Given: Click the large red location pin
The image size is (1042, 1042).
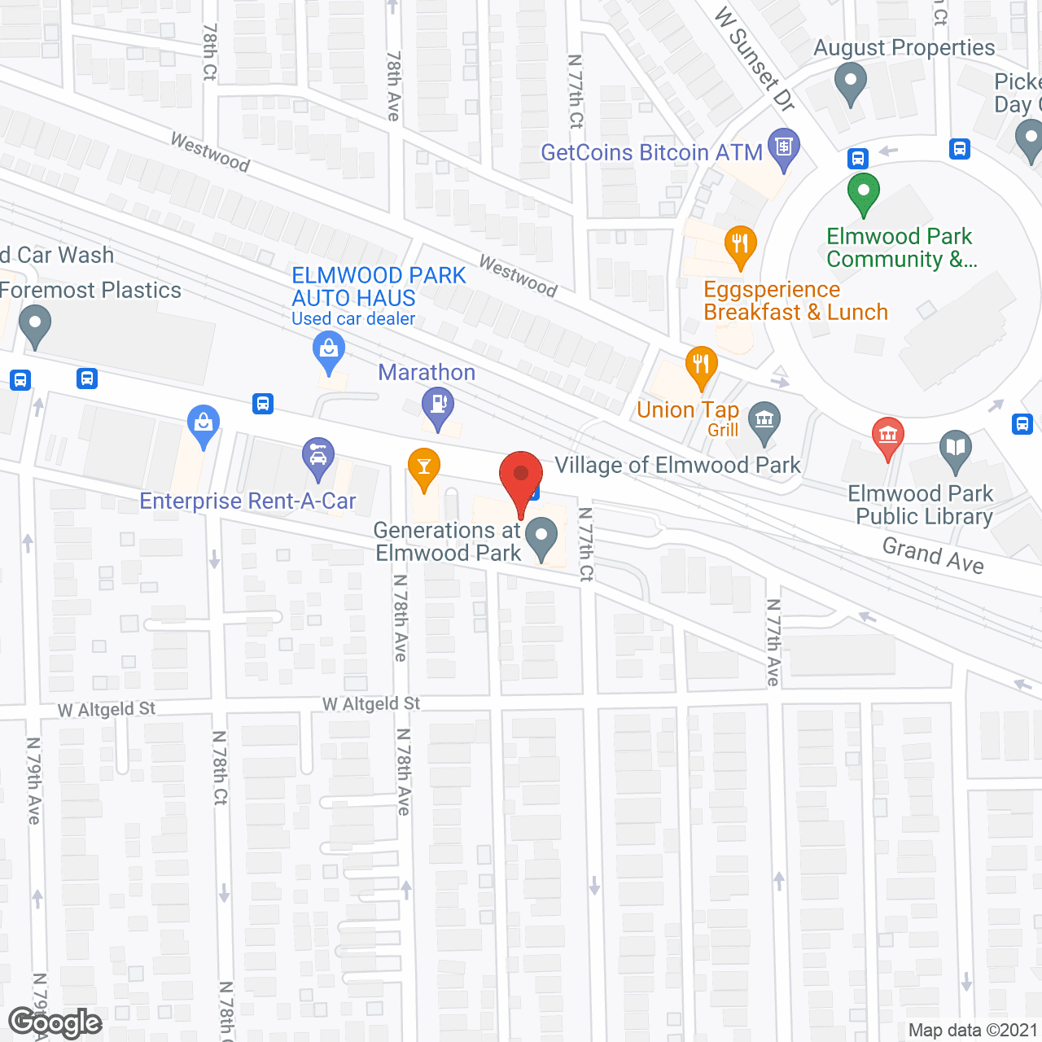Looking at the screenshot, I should click(520, 475).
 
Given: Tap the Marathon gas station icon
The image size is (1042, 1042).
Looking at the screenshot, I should click(438, 404).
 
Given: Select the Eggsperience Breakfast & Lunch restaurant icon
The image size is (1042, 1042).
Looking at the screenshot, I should click(740, 244).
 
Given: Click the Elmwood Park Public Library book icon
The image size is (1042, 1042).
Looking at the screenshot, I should click(956, 449).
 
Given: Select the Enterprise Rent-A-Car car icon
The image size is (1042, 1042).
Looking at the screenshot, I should click(317, 457).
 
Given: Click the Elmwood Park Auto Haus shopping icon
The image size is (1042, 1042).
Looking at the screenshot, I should click(329, 352).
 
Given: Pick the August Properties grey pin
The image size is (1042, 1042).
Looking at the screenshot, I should click(851, 82).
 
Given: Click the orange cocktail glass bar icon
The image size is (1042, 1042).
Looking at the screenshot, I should click(423, 467).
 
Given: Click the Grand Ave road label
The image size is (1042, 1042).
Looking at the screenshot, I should click(933, 555).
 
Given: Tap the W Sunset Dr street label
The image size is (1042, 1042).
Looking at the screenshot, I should click(754, 59).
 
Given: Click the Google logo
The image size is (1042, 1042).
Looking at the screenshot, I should click(55, 1022).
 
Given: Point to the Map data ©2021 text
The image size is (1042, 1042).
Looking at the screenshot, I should click(973, 1030).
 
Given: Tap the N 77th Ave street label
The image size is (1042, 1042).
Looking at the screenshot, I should click(773, 642).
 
